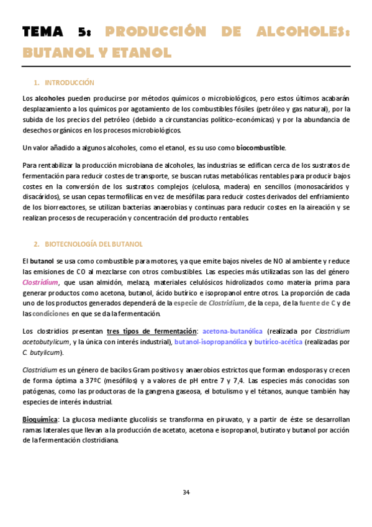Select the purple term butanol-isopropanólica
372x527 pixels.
(209, 342)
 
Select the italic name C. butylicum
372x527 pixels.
(42, 353)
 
